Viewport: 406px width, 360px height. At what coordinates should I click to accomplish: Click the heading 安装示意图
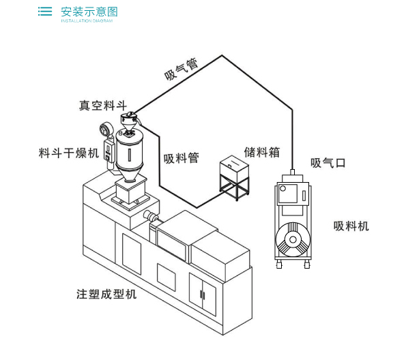pyautogui.click(x=89, y=12)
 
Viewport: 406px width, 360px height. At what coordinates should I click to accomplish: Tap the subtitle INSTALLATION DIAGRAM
pyautogui.click(x=87, y=20)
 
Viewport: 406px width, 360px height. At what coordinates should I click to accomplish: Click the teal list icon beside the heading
pyautogui.click(x=45, y=12)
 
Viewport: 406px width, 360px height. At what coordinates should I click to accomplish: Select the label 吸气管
pyautogui.click(x=182, y=69)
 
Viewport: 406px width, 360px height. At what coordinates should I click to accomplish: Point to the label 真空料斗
pyautogui.click(x=103, y=106)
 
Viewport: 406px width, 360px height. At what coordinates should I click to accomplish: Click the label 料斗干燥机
pyautogui.click(x=69, y=153)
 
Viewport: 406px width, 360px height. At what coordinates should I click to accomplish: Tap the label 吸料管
pyautogui.click(x=182, y=158)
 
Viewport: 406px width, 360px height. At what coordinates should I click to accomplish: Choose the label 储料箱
pyautogui.click(x=262, y=152)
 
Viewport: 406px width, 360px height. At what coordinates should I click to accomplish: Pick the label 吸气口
pyautogui.click(x=328, y=163)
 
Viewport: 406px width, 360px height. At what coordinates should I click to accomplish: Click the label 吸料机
pyautogui.click(x=351, y=226)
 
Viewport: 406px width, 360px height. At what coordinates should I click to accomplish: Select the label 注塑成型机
pyautogui.click(x=106, y=295)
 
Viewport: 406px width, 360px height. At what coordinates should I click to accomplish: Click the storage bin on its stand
pyautogui.click(x=234, y=178)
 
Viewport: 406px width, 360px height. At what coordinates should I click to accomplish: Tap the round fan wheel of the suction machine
pyautogui.click(x=293, y=239)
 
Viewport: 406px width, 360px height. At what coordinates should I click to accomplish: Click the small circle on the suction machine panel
pyautogui.click(x=282, y=188)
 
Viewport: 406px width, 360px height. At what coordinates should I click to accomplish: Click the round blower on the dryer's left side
pyautogui.click(x=105, y=130)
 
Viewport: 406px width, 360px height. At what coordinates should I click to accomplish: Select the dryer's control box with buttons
pyautogui.click(x=109, y=151)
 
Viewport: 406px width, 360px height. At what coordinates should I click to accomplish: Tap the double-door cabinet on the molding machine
pyautogui.click(x=203, y=295)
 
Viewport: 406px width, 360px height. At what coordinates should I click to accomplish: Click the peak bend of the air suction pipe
pyautogui.click(x=222, y=55)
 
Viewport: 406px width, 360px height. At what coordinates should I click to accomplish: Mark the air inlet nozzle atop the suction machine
pyautogui.click(x=293, y=172)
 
